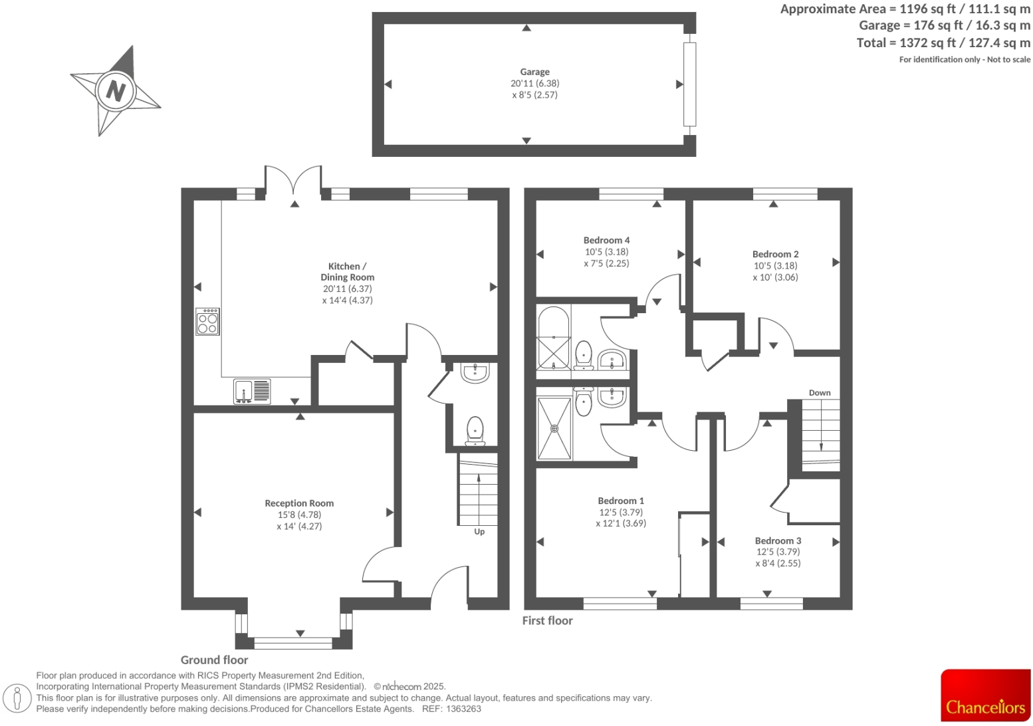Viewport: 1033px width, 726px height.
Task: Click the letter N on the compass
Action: coord(116,90)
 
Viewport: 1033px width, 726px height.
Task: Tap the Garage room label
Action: coord(534,72)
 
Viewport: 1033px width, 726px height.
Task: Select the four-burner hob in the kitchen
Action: coord(207,322)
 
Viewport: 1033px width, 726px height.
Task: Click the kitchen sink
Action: coord(252,392)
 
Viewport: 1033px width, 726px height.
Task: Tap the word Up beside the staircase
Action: coord(479,531)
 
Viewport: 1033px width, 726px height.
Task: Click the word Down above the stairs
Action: coord(819,392)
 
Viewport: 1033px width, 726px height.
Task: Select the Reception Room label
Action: coord(299,503)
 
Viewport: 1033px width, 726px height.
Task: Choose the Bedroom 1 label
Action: coord(620,501)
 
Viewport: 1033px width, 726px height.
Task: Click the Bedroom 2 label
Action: coord(775,254)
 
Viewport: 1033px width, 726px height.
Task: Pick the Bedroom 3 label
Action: coord(778,541)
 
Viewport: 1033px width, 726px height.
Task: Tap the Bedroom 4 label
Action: coord(606,240)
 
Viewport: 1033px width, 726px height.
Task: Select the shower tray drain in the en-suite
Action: coord(554,429)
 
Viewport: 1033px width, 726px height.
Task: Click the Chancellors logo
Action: coord(985,695)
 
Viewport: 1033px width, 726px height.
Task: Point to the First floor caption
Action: coord(547,620)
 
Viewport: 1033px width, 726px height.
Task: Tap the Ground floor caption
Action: coord(214,660)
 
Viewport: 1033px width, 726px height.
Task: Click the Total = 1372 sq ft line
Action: coord(943,43)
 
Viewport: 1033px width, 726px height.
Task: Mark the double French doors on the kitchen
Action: coord(293,183)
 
